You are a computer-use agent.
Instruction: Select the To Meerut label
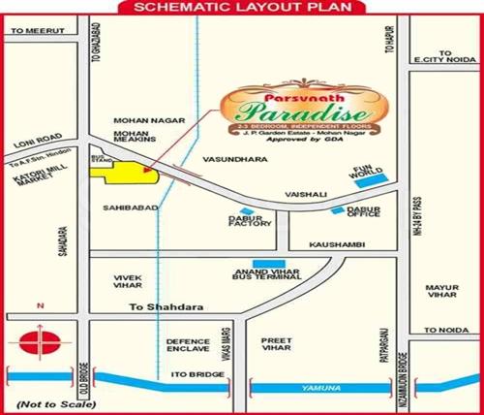pos(32,31)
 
